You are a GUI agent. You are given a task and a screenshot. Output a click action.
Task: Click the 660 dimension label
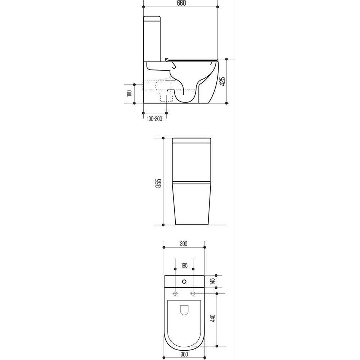pos(181,3)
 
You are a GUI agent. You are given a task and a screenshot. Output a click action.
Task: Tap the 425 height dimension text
pos(222,81)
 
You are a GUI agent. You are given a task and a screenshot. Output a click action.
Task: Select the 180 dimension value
pos(129,93)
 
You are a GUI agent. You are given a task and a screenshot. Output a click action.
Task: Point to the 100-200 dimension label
pos(154,118)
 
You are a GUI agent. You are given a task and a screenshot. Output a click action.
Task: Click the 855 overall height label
pos(158,183)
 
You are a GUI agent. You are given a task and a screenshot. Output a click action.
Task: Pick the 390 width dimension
pos(184,244)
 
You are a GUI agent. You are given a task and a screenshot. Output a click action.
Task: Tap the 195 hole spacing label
pos(184,265)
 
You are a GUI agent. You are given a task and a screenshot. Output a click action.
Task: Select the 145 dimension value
pos(212,281)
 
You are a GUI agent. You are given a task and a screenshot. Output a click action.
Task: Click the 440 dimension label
pos(213,318)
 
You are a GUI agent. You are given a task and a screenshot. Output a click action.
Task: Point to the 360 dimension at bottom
pos(184,354)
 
